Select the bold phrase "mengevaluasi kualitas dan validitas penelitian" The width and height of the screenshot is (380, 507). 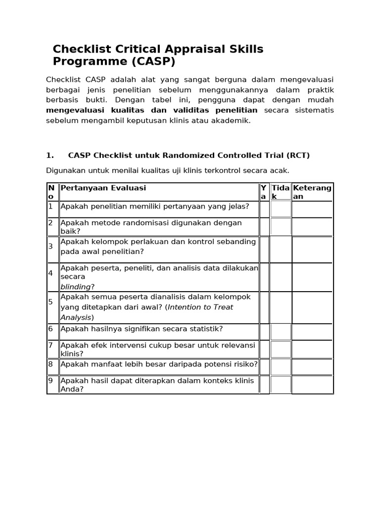click(151, 110)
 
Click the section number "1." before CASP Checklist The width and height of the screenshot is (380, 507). click(50, 155)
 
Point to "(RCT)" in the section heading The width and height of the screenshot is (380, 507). click(297, 155)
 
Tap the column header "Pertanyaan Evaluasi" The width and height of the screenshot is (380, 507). click(103, 188)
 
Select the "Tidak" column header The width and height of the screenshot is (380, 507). click(281, 192)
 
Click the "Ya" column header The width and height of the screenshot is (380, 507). click(264, 192)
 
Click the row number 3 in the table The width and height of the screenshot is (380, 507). click(50, 247)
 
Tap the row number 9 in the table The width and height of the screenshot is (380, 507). click(50, 381)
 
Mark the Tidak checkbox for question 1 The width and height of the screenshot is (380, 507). click(281, 209)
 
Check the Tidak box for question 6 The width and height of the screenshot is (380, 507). click(281, 332)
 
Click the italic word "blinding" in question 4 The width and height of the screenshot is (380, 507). click(76, 287)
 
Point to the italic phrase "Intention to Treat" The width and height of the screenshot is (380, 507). click(200, 307)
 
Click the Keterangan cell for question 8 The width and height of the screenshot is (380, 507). click(312, 366)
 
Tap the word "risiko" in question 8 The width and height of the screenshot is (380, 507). click(244, 364)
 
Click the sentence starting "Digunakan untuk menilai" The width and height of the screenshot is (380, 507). click(167, 171)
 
